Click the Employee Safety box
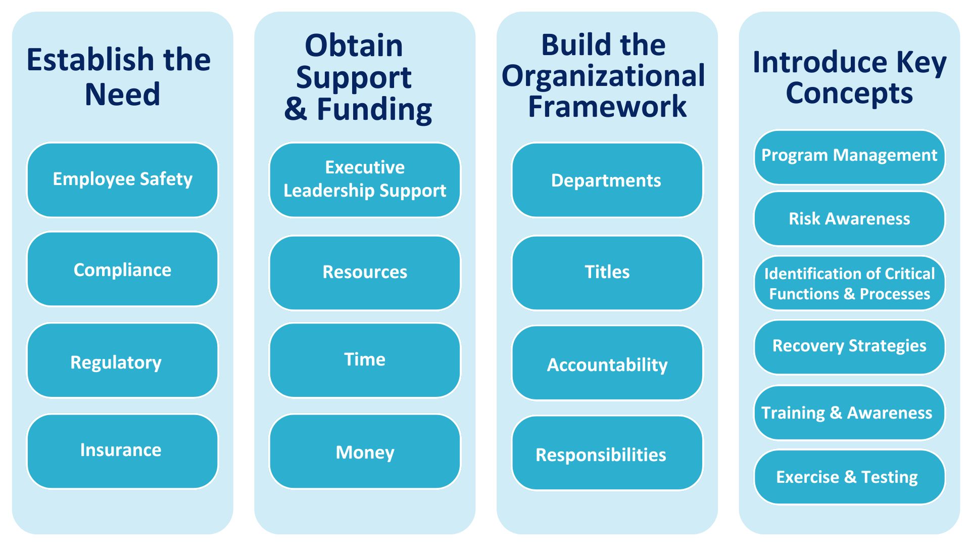point(122,180)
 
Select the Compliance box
point(122,269)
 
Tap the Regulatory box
point(122,360)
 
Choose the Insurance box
point(122,451)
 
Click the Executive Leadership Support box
point(365,180)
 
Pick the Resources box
point(365,273)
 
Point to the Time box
point(365,360)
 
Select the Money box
point(365,451)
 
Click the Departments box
point(607,180)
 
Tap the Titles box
point(607,273)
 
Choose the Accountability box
point(607,363)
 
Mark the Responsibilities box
point(607,453)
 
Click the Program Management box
point(849,157)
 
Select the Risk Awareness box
point(849,219)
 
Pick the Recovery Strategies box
point(849,347)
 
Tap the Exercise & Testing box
point(849,477)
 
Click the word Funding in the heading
point(374,110)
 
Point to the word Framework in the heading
point(607,107)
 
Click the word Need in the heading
point(122,95)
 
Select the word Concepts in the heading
point(849,94)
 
